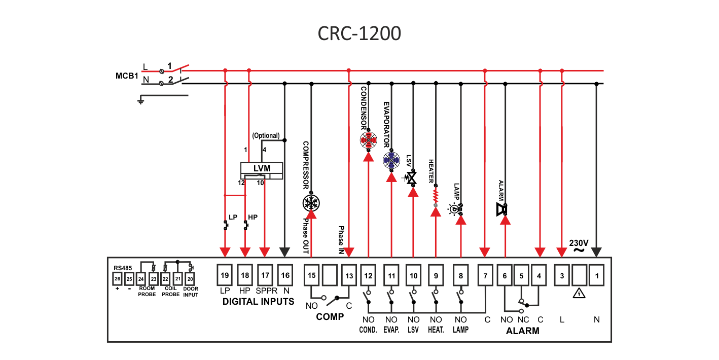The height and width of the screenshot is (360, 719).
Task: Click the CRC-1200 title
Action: (x=359, y=33)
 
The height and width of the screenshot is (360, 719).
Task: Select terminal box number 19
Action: (x=225, y=275)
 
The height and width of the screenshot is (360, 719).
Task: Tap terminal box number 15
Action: (x=312, y=275)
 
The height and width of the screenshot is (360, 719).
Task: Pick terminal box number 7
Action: (x=485, y=275)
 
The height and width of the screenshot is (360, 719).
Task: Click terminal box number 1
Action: (x=597, y=275)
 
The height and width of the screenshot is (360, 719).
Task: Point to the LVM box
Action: (x=262, y=168)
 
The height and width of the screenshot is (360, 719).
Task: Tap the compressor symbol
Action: (x=311, y=202)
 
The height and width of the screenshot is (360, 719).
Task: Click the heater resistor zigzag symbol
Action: (x=435, y=195)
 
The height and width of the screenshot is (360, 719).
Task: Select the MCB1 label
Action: (x=127, y=76)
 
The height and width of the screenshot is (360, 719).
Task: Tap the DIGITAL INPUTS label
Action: (x=258, y=302)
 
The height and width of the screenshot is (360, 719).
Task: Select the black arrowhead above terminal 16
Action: (x=285, y=252)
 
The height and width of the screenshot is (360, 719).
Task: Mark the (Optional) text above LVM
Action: (x=266, y=135)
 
